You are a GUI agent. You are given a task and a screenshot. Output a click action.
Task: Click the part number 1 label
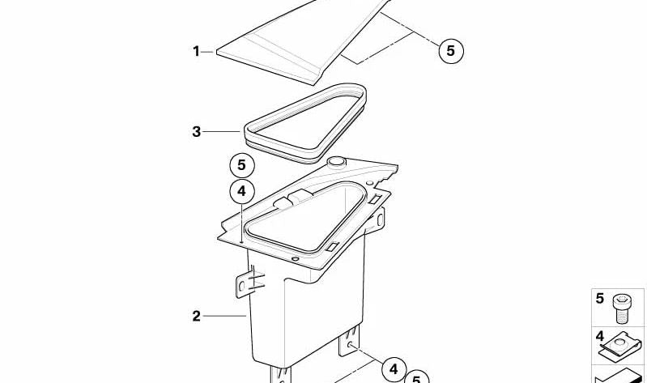coord(196,52)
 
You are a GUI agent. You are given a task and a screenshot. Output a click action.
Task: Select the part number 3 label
coord(197,132)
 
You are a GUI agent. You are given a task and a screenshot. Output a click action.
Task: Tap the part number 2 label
coord(197,316)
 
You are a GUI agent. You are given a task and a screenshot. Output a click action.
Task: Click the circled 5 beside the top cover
coord(450,51)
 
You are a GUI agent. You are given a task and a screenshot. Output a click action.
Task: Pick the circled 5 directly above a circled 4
coord(242,165)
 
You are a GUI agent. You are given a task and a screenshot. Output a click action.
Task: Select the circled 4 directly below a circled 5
coord(242,191)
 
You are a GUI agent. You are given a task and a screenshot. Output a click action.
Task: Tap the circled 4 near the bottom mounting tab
coord(394,369)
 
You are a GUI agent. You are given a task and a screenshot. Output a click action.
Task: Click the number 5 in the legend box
coord(599,299)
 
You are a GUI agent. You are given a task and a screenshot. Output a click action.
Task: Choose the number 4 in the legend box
coord(599,336)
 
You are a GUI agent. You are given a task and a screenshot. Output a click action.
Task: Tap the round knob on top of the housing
coord(336,161)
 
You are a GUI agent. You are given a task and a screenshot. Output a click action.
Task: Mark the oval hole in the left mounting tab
coord(242,286)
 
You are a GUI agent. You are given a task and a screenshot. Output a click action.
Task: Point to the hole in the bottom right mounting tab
coord(350,344)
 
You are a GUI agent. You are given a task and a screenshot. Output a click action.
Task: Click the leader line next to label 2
coord(224,316)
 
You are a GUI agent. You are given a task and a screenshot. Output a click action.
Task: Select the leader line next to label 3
coord(221,132)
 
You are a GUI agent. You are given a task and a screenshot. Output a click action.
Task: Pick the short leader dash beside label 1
coord(208,52)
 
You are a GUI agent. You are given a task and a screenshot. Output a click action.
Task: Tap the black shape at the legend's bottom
coord(619,377)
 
